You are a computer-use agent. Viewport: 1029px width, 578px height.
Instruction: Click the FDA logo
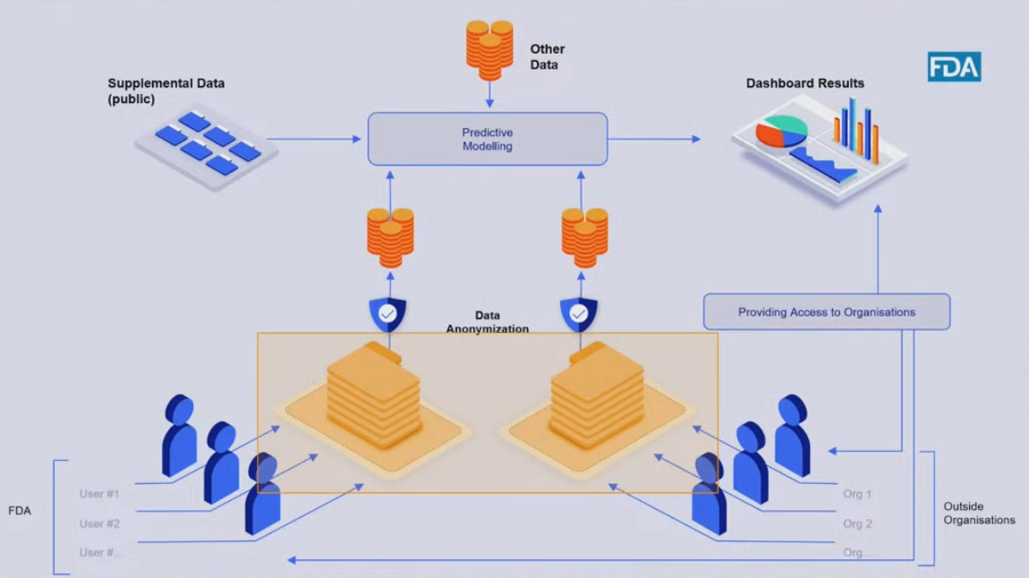(954, 67)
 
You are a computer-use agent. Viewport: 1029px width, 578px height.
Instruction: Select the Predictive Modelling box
(488, 139)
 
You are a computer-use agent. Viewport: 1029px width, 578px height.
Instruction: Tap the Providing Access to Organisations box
(826, 312)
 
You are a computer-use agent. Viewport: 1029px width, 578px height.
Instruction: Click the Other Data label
(547, 56)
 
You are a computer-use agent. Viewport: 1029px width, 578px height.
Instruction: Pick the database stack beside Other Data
(489, 48)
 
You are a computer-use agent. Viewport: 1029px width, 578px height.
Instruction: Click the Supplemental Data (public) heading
(166, 91)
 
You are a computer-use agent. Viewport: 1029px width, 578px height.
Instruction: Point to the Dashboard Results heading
(805, 83)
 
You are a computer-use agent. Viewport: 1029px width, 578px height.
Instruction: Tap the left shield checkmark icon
(387, 314)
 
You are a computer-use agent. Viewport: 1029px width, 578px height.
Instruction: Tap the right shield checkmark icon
(579, 314)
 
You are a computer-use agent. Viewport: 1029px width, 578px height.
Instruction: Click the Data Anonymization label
(488, 322)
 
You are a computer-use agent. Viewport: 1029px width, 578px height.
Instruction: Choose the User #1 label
(99, 494)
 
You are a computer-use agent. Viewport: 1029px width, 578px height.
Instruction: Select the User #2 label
(99, 523)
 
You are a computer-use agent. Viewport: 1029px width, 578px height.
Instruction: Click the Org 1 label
(857, 494)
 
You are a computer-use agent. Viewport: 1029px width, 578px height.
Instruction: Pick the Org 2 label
(857, 523)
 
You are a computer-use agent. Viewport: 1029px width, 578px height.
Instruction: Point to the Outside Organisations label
(979, 514)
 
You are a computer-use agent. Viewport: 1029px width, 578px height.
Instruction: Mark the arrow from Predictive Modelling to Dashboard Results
(653, 139)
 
